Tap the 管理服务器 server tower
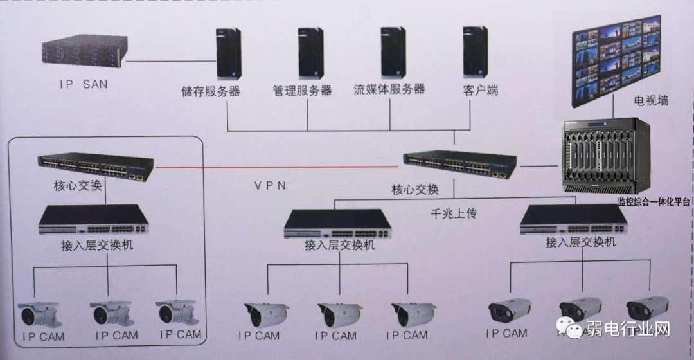pyautogui.click(x=310, y=53)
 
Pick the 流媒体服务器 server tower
pyautogui.click(x=393, y=52)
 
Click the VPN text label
pyautogui.click(x=270, y=185)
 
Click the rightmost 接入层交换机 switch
pyautogui.click(x=573, y=219)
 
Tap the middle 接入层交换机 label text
pyautogui.click(x=339, y=245)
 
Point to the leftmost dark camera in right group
pyautogui.click(x=509, y=310)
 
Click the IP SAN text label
pyautogui.click(x=83, y=85)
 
